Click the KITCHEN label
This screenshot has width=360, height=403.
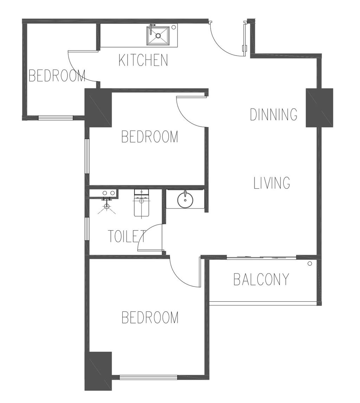pyautogui.click(x=143, y=60)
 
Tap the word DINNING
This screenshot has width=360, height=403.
pyautogui.click(x=274, y=114)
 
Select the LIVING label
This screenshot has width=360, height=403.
pyautogui.click(x=272, y=183)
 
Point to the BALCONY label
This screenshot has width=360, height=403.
pyautogui.click(x=261, y=279)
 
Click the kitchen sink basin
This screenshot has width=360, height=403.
pyautogui.click(x=158, y=36)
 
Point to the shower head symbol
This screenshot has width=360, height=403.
pyautogui.click(x=107, y=206)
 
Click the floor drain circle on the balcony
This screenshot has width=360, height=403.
pyautogui.click(x=310, y=263)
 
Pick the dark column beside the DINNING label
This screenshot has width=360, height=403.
pyautogui.click(x=320, y=108)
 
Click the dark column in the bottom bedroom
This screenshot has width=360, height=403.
pyautogui.click(x=98, y=371)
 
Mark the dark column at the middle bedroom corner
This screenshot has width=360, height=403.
pyautogui.click(x=98, y=108)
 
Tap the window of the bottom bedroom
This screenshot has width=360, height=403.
pyautogui.click(x=148, y=377)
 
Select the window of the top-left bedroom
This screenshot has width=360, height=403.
pyautogui.click(x=56, y=118)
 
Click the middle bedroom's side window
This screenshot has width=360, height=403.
pyautogui.click(x=87, y=156)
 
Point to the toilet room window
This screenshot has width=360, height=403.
pyautogui.click(x=87, y=229)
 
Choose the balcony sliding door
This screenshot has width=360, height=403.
pyautogui.click(x=262, y=257)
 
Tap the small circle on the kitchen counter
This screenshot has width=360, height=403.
pyautogui.click(x=174, y=27)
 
